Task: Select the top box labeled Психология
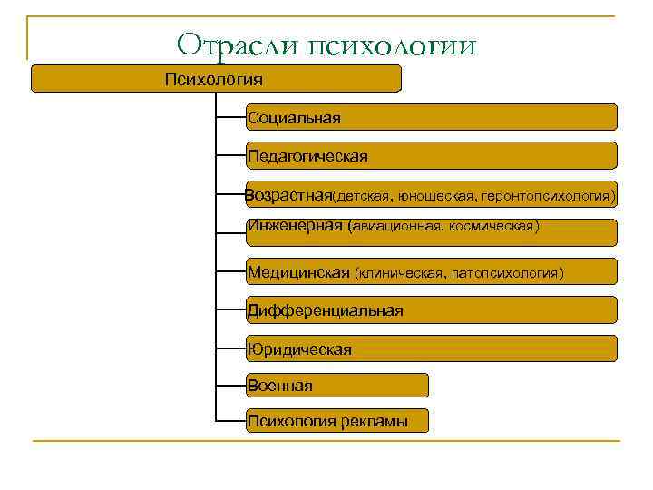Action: (216, 79)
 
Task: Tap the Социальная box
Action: (431, 117)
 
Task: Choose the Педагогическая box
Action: (431, 156)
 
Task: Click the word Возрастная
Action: (288, 195)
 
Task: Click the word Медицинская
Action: (298, 272)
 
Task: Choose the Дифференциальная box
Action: (431, 310)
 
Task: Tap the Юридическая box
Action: (431, 348)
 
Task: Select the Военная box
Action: (336, 386)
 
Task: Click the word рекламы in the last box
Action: (375, 421)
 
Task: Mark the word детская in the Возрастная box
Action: (358, 196)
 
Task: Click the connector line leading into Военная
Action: (231, 385)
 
